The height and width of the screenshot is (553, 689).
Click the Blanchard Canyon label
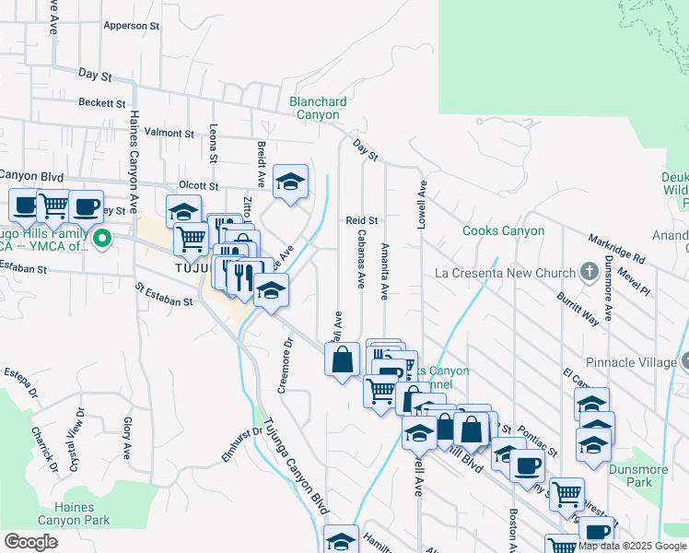coord(318,109)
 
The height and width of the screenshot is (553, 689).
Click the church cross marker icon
coord(590,272)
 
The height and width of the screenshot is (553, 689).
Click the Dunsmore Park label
coord(638,476)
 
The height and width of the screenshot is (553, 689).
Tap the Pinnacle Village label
coord(634,363)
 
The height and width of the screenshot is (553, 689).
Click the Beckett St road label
coord(102,103)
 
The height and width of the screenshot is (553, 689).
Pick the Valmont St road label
coord(169,134)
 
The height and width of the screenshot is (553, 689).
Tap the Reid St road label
coord(362,221)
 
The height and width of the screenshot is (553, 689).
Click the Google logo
coord(30,542)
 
